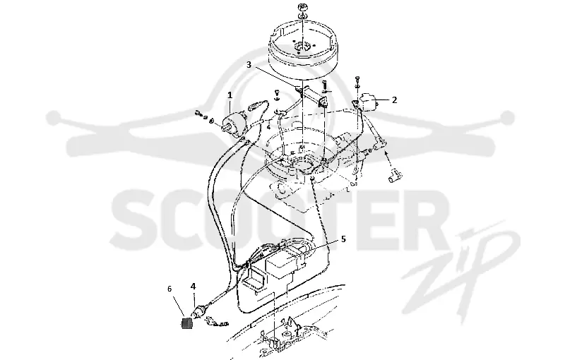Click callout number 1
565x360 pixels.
coord(230,95)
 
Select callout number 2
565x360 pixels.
coord(394,100)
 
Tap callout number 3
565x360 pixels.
coord(249,65)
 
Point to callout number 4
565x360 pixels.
coord(193,286)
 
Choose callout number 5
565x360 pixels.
coord(343,239)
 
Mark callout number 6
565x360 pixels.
coord(169,289)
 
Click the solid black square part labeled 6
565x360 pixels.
coord(186,323)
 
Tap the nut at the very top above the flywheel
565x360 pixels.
coord(303,7)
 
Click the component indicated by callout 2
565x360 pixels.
coord(368,102)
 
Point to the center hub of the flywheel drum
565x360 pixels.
coord(302,47)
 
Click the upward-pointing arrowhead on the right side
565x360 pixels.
coord(386,154)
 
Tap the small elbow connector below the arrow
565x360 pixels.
coord(395,176)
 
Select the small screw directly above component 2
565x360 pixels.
coord(357,79)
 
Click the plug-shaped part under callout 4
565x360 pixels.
coord(199,311)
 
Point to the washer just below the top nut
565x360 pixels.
coord(303,16)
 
